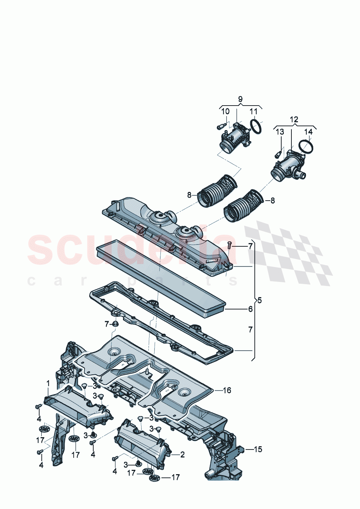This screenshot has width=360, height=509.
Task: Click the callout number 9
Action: [240, 99]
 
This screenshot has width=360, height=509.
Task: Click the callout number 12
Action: [294, 119]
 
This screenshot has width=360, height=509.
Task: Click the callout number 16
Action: [227, 390]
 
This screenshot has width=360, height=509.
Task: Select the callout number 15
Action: [258, 450]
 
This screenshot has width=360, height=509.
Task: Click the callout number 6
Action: [250, 309]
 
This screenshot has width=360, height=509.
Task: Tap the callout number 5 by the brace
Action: [259, 300]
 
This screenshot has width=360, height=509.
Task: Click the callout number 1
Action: [48, 383]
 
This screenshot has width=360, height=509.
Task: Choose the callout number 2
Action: [182, 454]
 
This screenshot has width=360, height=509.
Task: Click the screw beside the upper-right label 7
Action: [230, 246]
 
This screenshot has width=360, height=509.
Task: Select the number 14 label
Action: [308, 132]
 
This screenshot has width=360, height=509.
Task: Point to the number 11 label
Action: [253, 111]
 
